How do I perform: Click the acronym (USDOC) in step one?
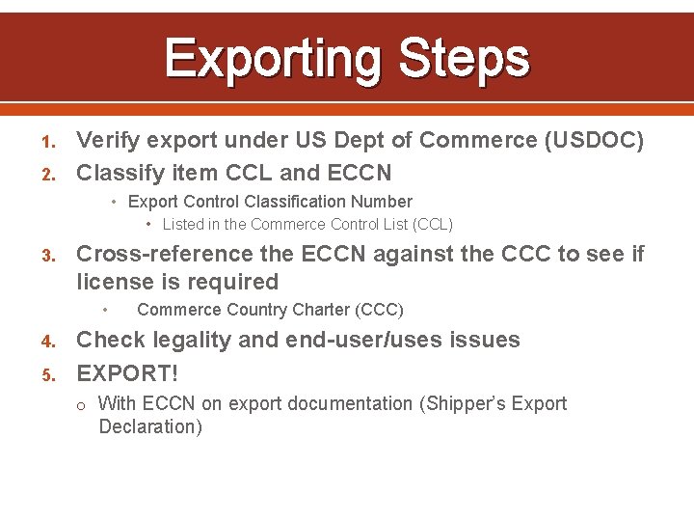click(595, 141)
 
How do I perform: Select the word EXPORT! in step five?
click(127, 371)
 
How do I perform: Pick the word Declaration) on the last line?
click(150, 426)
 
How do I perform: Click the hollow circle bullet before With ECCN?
click(84, 404)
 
